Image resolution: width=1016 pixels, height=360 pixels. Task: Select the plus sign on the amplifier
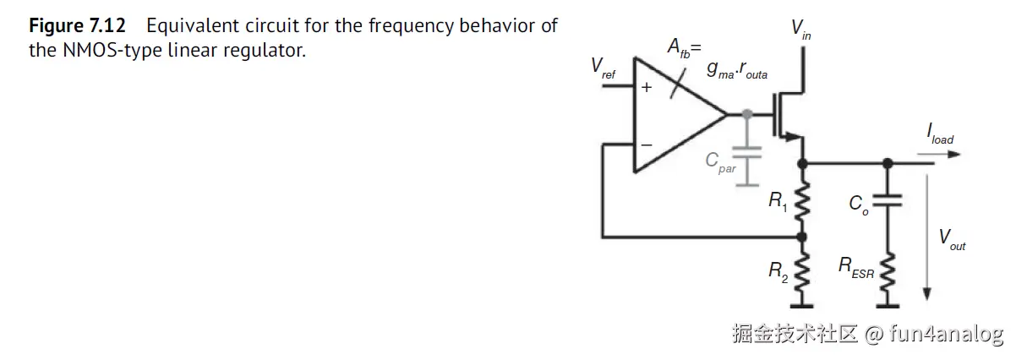click(647, 86)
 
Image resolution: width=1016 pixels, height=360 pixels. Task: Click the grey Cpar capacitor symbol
click(747, 153)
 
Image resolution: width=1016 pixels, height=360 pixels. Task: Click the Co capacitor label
click(859, 205)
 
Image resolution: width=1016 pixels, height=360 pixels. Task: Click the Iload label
click(938, 134)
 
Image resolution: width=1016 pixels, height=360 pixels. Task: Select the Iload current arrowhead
click(954, 155)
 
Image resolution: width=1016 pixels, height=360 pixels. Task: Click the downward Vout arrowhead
click(927, 292)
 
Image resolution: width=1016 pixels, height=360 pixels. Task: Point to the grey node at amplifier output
click(747, 113)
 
